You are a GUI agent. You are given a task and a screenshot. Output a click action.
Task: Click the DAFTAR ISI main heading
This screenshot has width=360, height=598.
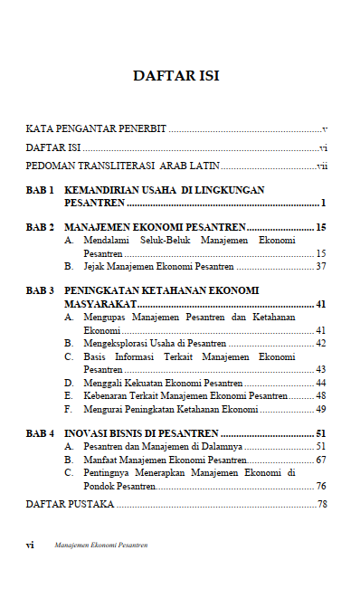point(176,76)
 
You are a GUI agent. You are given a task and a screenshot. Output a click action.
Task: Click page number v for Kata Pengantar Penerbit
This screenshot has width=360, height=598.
point(324,129)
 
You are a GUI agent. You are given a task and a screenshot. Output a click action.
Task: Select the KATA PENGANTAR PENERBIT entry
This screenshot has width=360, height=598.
point(95,129)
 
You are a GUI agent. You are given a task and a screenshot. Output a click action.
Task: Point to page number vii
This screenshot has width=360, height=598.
point(321,166)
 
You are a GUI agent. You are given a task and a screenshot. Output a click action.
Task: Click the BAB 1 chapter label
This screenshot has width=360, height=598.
point(41,190)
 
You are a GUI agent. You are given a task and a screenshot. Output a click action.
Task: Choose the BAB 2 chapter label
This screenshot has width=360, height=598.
point(41,227)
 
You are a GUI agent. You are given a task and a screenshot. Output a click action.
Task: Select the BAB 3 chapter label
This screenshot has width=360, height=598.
point(41,291)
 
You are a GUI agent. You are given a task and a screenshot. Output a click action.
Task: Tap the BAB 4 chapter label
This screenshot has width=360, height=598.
point(41,433)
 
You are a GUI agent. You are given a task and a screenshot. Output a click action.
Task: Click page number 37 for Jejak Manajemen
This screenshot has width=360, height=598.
point(321,267)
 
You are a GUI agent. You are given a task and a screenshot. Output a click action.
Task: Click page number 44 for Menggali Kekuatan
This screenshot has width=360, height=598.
point(321,383)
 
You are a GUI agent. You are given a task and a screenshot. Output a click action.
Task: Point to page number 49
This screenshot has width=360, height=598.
point(321,409)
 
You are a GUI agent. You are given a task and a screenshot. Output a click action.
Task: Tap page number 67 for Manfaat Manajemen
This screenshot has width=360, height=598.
point(321,460)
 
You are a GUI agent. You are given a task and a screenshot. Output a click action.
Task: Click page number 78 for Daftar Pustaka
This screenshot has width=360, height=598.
point(322,504)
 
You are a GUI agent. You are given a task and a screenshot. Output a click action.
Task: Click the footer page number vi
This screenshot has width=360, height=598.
point(31,546)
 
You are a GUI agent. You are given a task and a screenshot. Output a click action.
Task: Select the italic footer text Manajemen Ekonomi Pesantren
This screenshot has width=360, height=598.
point(100,546)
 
